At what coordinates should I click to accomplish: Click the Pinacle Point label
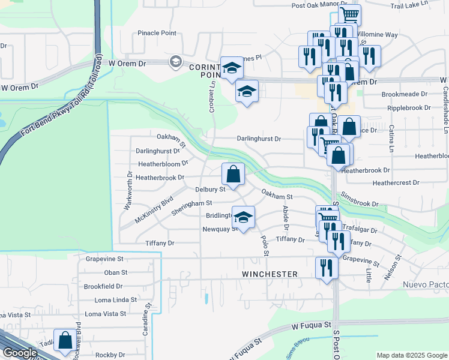click(x=157, y=33)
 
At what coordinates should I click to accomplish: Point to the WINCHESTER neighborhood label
click(x=270, y=274)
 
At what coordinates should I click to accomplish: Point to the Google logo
click(x=20, y=353)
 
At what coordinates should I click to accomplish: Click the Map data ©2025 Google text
click(x=411, y=355)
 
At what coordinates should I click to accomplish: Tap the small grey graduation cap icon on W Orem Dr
click(x=176, y=62)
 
